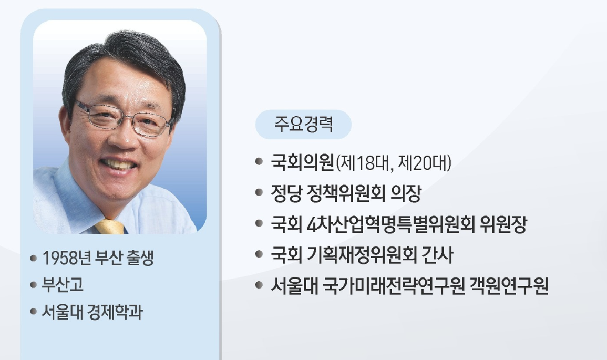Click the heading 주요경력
[303, 125]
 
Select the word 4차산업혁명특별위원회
[392, 225]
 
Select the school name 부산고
[63, 286]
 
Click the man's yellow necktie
[110, 227]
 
